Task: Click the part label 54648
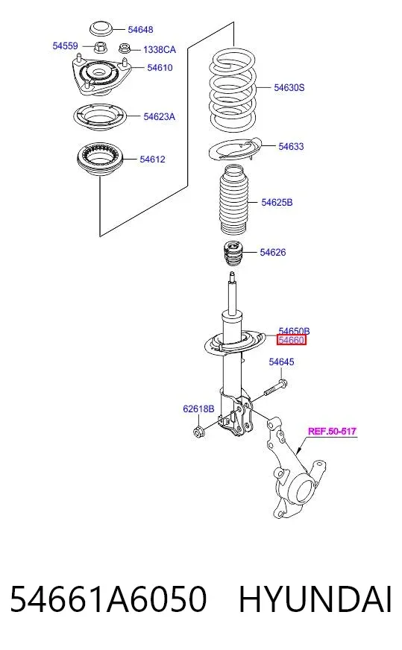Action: click(140, 30)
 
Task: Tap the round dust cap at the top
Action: click(101, 29)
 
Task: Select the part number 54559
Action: click(65, 46)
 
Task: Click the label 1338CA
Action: click(160, 50)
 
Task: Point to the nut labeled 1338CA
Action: click(124, 48)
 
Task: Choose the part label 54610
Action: click(160, 68)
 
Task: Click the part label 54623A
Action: click(160, 117)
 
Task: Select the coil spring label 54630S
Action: click(289, 87)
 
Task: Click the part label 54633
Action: click(291, 146)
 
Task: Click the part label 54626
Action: click(272, 252)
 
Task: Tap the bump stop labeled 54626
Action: click(233, 254)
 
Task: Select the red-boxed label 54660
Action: click(292, 341)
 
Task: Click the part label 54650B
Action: click(294, 331)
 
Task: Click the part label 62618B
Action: click(198, 409)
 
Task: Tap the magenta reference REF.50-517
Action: click(332, 431)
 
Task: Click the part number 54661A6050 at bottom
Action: click(108, 599)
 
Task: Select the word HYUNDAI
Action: click(315, 599)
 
